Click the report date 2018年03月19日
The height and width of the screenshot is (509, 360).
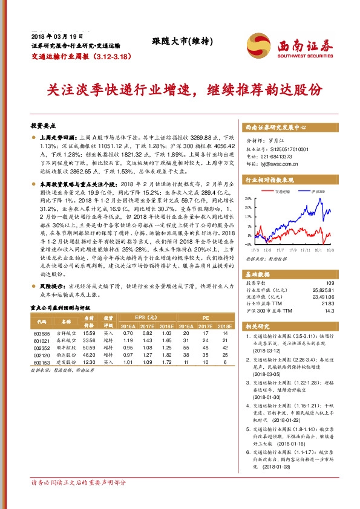pos(51,36)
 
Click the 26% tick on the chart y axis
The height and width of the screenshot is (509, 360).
pos(248,198)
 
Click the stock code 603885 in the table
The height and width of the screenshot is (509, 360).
pos(42,333)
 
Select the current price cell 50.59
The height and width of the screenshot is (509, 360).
pos(89,348)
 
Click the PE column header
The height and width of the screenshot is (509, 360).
pos(205,317)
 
